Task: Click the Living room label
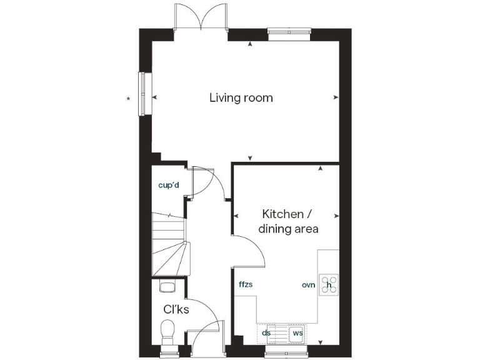241,98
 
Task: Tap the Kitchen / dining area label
288,221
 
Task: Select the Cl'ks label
176,309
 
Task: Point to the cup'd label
169,185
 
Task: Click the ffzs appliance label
245,284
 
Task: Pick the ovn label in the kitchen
308,284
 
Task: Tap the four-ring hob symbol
329,285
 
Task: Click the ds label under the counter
266,333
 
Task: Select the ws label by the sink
297,333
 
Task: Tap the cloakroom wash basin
167,286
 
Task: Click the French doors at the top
201,17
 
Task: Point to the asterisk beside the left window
129,99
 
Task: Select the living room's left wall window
143,94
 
